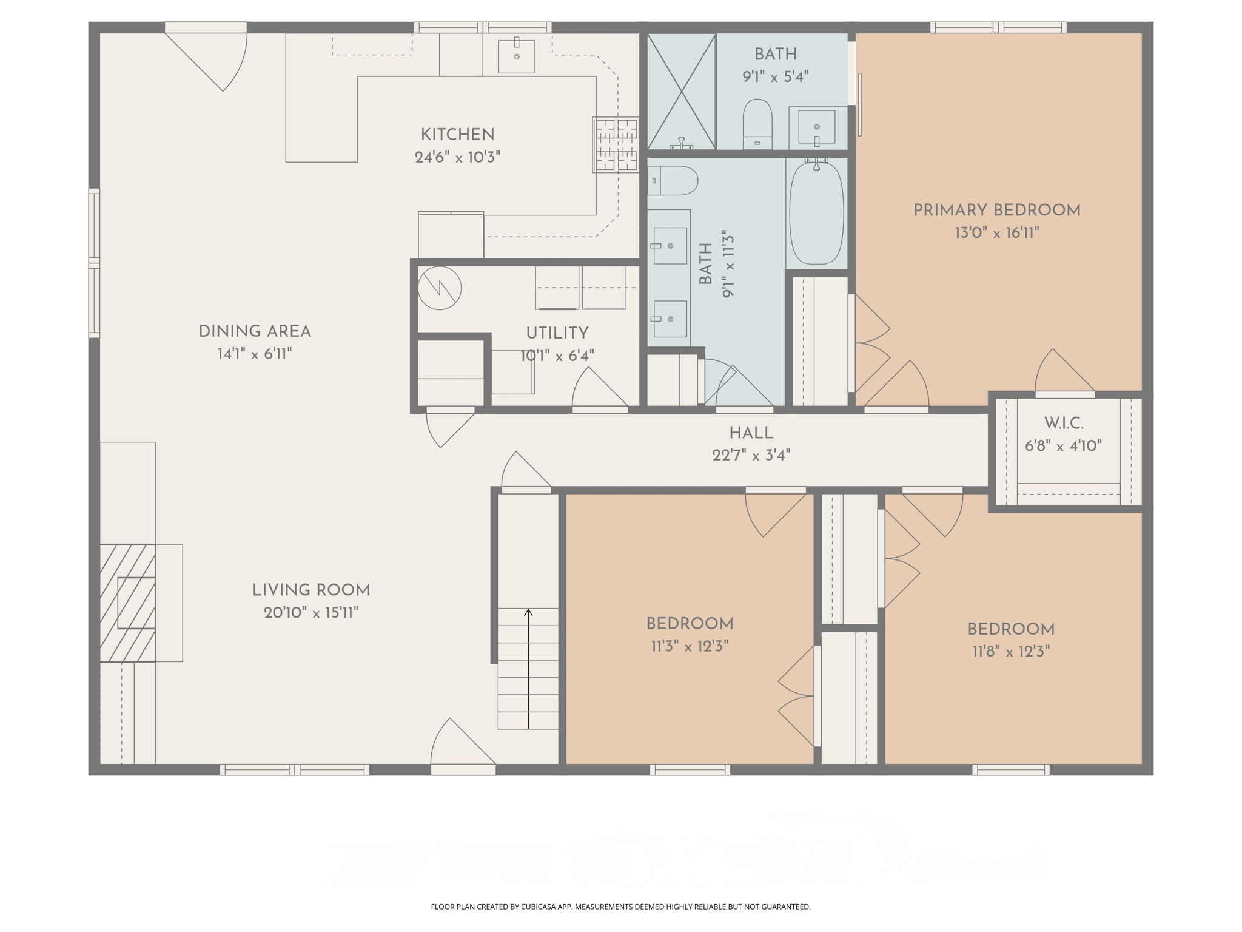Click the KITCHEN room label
click(x=457, y=135)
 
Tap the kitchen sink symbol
click(x=516, y=56)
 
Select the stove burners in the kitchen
click(x=616, y=144)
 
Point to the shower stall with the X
click(x=682, y=92)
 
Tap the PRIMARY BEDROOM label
click(x=996, y=211)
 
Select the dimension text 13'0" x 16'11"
click(x=996, y=233)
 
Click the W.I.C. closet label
click(x=1063, y=423)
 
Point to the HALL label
click(x=751, y=433)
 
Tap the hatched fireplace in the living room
click(x=128, y=603)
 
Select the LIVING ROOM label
click(x=310, y=590)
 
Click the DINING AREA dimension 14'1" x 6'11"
click(x=255, y=354)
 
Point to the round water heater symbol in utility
click(x=440, y=288)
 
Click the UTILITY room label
click(x=557, y=333)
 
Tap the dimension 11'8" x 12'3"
click(x=1010, y=652)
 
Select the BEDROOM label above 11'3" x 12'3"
click(x=690, y=624)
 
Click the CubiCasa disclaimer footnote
click(x=620, y=907)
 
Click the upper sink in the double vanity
click(x=670, y=246)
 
